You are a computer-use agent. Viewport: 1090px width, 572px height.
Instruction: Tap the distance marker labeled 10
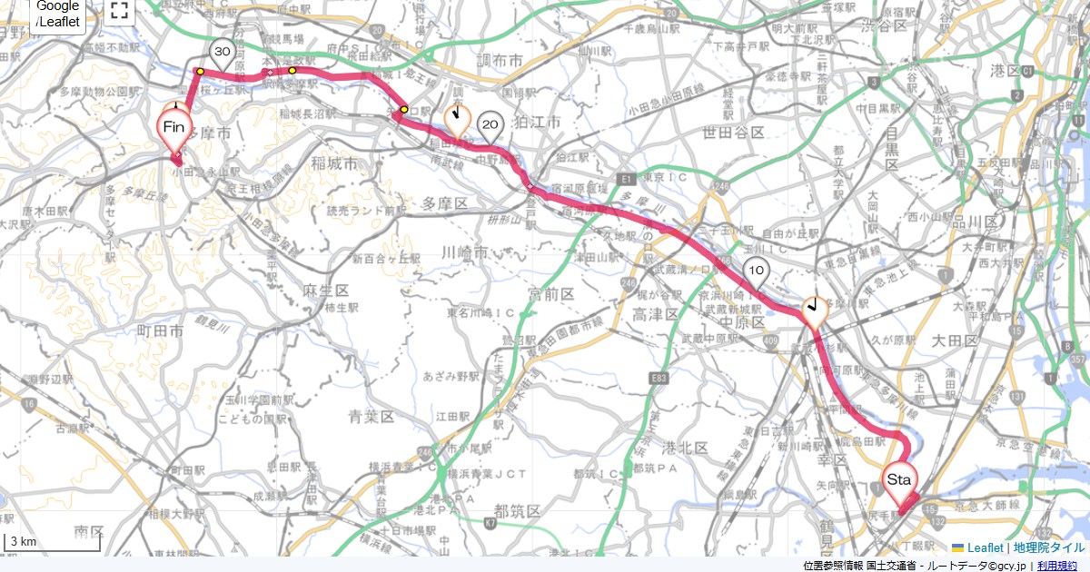pyautogui.click(x=756, y=271)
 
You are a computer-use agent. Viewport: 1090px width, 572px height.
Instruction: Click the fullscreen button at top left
pyautogui.click(x=119, y=11)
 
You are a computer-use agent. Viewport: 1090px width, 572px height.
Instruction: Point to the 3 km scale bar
pyautogui.click(x=51, y=542)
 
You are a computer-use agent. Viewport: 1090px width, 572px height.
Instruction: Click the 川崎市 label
pyautogui.click(x=466, y=251)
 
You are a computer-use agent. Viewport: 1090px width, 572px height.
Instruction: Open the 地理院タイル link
pyautogui.click(x=1049, y=547)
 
